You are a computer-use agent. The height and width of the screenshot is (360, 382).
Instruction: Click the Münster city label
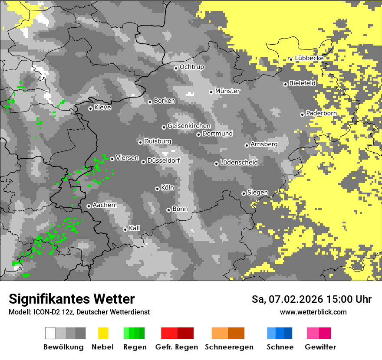pyautogui.click(x=227, y=91)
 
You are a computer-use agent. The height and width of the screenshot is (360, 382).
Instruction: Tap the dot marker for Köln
pyautogui.click(x=157, y=189)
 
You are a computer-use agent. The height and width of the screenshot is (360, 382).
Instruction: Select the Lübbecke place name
pyautogui.click(x=309, y=58)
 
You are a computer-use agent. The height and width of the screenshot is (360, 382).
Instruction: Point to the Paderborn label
pyautogui.click(x=321, y=113)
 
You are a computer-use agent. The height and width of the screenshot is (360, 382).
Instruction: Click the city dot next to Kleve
pyautogui.click(x=90, y=108)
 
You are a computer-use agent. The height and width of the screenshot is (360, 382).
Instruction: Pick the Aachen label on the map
pyautogui.click(x=104, y=205)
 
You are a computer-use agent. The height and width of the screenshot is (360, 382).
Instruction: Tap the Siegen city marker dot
pyautogui.click(x=244, y=193)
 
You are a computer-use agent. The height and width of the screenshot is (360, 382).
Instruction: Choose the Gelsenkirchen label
pyautogui.click(x=189, y=126)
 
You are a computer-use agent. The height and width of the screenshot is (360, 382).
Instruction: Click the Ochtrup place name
pyautogui.click(x=191, y=67)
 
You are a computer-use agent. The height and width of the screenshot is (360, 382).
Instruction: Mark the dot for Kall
pyautogui.click(x=125, y=229)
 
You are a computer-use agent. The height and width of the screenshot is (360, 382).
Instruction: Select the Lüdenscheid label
pyautogui.click(x=239, y=163)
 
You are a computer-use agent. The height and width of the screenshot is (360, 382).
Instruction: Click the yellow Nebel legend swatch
pyautogui.click(x=103, y=333)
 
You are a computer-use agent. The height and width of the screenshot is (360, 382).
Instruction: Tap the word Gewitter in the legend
pyautogui.click(x=320, y=347)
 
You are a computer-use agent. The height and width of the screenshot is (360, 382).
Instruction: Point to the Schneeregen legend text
pyautogui.click(x=229, y=347)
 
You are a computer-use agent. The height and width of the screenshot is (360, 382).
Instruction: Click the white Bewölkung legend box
pyautogui.click(x=50, y=333)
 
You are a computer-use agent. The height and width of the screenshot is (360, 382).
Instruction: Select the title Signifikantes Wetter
pyautogui.click(x=72, y=299)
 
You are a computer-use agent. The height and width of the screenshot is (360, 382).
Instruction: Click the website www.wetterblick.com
pyautogui.click(x=313, y=312)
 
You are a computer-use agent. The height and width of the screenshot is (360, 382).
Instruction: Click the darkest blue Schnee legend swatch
pyautogui.click(x=288, y=333)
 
